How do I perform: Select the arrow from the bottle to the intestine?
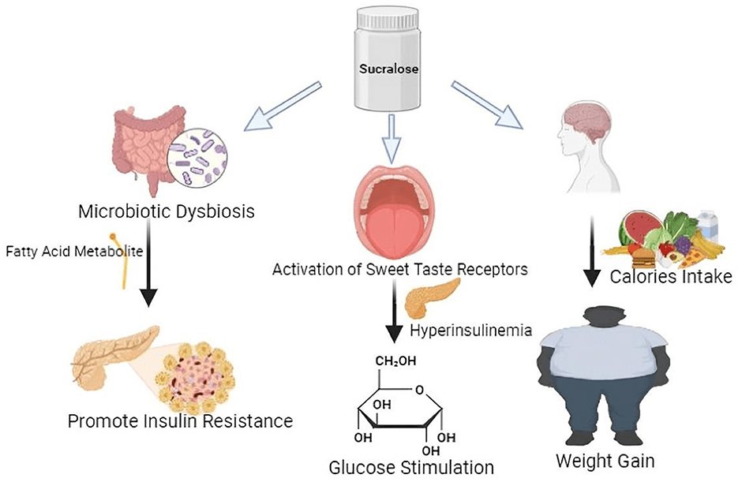(x=285, y=103)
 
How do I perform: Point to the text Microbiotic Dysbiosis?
(x=167, y=212)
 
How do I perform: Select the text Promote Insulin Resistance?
(x=180, y=420)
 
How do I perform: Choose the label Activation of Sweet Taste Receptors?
(x=399, y=271)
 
